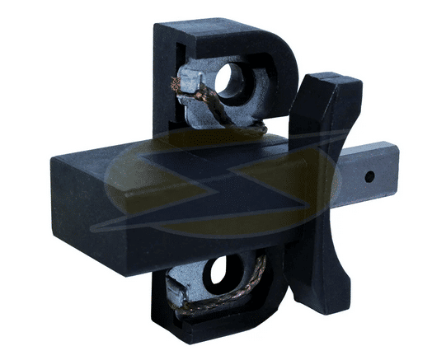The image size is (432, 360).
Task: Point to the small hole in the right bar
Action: coord(369,176)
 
